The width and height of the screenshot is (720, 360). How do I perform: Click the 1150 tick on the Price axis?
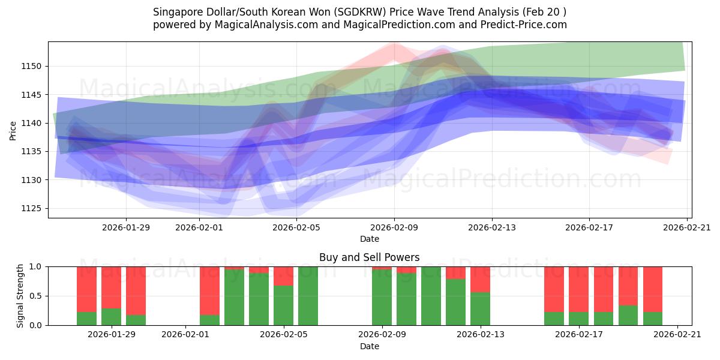click(34, 66)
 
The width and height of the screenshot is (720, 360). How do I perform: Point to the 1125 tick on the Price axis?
click(34, 209)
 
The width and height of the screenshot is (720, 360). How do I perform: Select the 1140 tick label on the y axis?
click(34, 123)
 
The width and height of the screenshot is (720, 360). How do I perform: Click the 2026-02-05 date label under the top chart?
click(296, 227)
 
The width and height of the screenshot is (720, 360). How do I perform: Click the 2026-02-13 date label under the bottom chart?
click(480, 335)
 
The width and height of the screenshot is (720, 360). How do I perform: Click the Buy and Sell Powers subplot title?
click(369, 257)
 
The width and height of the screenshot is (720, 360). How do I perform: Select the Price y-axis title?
click(13, 130)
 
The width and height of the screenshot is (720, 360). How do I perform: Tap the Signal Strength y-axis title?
click(20, 296)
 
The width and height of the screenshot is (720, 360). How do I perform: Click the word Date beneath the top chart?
click(370, 239)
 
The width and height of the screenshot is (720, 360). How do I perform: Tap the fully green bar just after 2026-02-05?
click(308, 296)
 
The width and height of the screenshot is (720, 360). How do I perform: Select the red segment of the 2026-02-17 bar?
click(578, 289)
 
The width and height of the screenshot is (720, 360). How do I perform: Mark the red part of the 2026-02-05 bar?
click(283, 275)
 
